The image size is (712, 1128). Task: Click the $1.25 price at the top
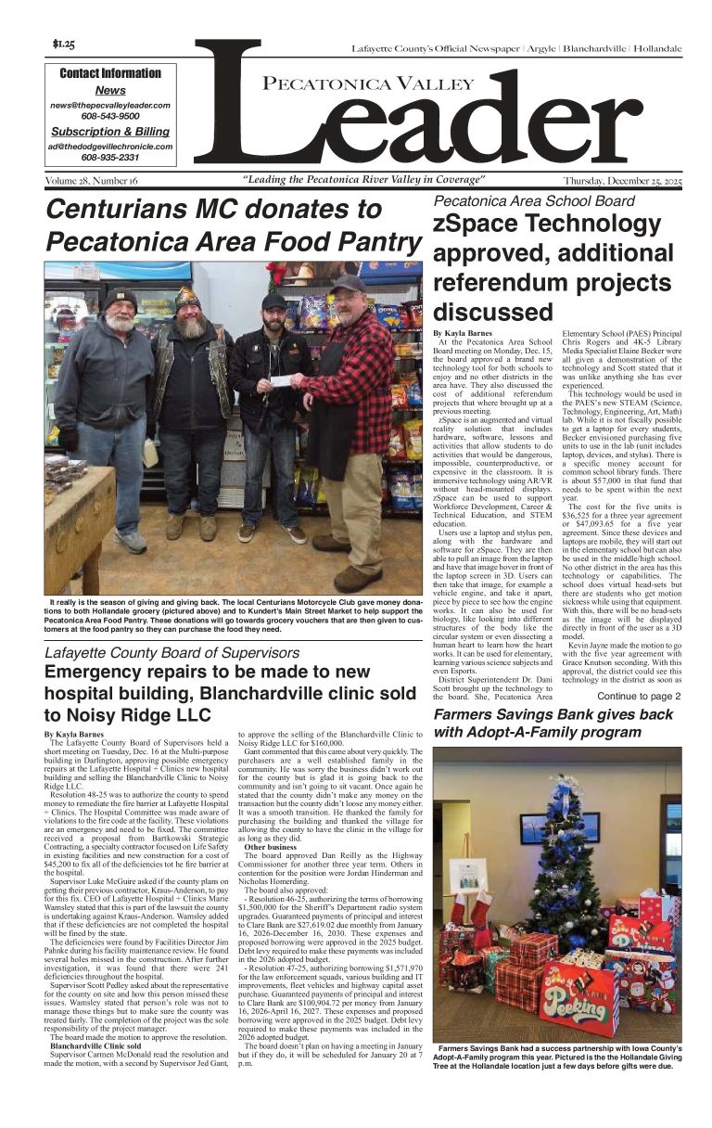[64, 44]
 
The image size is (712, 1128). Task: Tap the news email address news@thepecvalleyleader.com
[110, 106]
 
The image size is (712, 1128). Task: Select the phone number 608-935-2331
[110, 158]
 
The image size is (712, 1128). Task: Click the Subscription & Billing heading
[110, 132]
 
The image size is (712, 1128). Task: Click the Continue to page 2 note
[639, 696]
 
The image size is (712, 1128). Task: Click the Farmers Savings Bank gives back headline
[553, 715]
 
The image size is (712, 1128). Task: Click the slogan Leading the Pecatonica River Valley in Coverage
[363, 180]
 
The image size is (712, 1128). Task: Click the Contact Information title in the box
[110, 73]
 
